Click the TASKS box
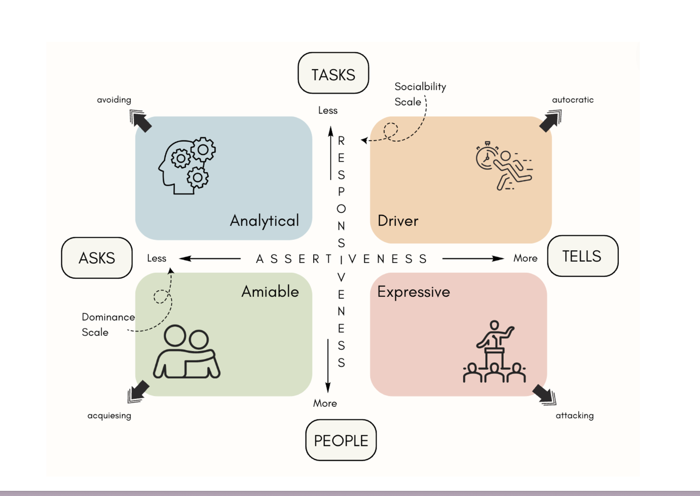[x=333, y=73]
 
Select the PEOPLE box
[x=341, y=440]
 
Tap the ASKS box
[x=97, y=258]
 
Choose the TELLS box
[x=582, y=256]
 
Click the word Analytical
[x=264, y=220]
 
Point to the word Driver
[x=398, y=220]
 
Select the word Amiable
[x=270, y=291]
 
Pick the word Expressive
[x=413, y=292]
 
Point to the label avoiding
[x=114, y=99]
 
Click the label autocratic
[x=573, y=99]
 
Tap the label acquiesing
[x=109, y=415]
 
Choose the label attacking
[x=574, y=415]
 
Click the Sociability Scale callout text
[x=420, y=94]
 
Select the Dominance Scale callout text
[x=107, y=324]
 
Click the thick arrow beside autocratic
[x=550, y=120]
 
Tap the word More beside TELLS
[x=525, y=258]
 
